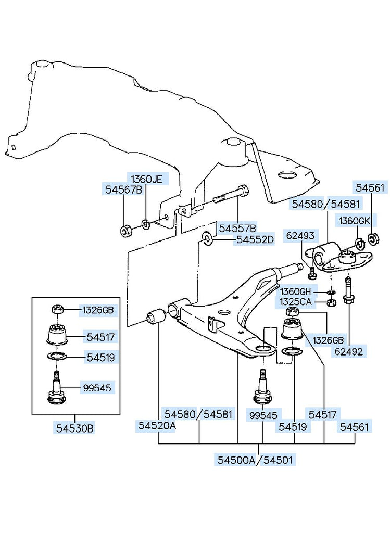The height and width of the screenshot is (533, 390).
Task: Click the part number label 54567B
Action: coord(123,191)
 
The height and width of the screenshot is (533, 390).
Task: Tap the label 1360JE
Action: coord(146,179)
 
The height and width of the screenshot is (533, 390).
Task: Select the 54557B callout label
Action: coord(237,228)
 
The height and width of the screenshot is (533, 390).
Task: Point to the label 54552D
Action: coord(255,240)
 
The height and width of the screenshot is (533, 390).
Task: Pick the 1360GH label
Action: coord(296,291)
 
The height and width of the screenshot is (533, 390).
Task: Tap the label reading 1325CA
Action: coord(296,301)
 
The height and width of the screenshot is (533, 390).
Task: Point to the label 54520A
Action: coord(157,426)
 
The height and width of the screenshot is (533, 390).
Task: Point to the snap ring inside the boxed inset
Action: coord(57,357)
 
